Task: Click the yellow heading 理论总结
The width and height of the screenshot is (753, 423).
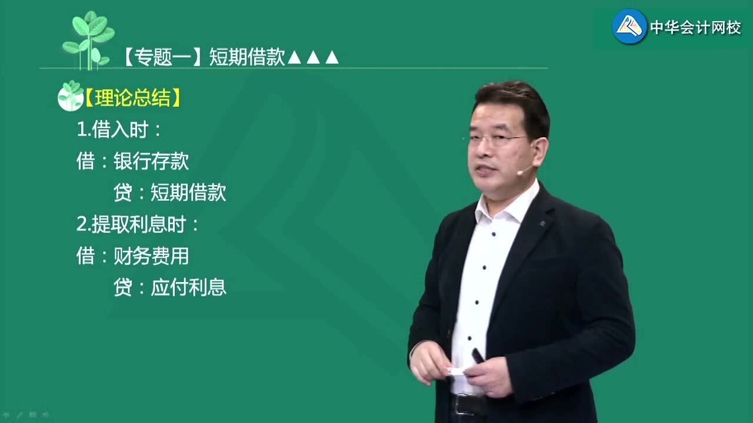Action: coord(133,98)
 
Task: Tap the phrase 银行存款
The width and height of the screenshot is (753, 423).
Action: coord(151,161)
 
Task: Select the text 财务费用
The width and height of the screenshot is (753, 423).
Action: coord(151,256)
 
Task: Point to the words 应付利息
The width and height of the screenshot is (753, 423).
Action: coord(188,287)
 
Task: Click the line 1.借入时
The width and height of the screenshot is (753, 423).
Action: coord(119,130)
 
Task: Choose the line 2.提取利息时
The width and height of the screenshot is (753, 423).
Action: coord(138,224)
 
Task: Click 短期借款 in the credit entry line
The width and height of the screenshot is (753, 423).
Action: coord(188,193)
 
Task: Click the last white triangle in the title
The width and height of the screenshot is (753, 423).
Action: coord(332,58)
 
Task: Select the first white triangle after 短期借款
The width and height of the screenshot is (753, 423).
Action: coord(295,58)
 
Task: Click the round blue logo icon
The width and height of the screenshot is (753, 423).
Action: coord(629,26)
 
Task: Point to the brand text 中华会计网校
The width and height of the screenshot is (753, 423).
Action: coord(695,28)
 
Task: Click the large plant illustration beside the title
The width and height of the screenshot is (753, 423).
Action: coord(89,41)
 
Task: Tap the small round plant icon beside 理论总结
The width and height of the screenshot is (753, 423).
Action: coord(71,96)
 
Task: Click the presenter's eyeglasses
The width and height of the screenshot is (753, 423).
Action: coord(498,140)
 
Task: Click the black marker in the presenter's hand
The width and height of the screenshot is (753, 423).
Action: coord(478,355)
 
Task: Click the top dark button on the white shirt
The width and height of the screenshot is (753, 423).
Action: coord(494,234)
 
